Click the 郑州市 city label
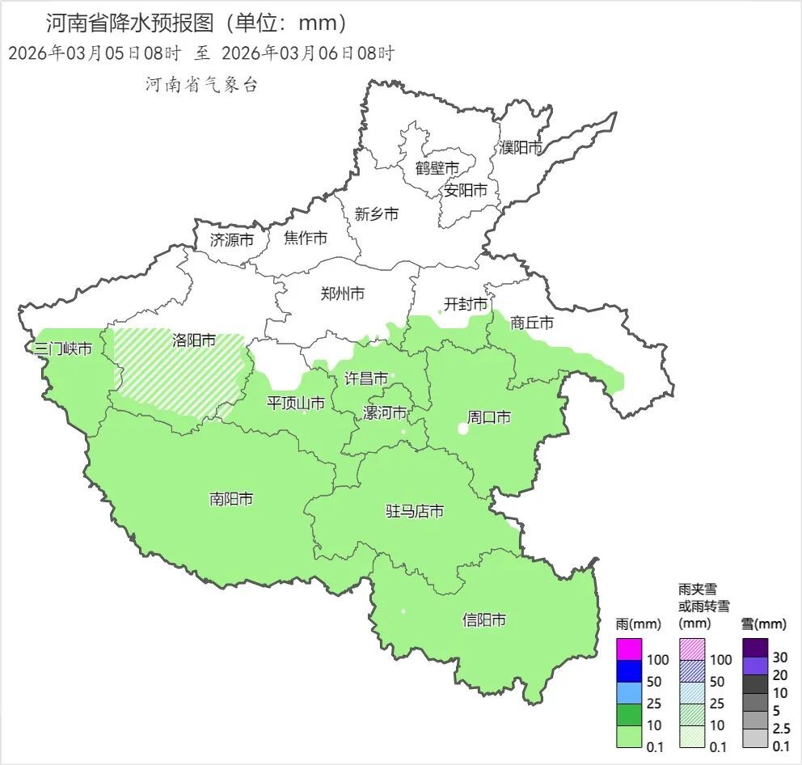342,294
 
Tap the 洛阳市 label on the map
194,340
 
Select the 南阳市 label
231,499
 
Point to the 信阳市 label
484,620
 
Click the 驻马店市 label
414,512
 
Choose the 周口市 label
489,418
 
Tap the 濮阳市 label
521,147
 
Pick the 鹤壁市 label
437,168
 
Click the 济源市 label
231,239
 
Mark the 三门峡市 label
62,349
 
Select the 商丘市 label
532,323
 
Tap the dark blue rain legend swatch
629,671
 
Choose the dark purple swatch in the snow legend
755,647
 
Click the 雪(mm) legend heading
763,624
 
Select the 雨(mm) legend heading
638,624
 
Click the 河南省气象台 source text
201,85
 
